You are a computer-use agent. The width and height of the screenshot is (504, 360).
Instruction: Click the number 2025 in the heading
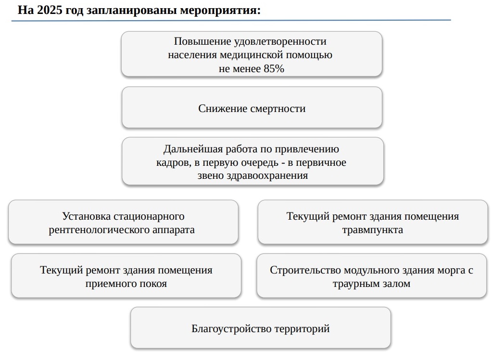[x=50, y=10]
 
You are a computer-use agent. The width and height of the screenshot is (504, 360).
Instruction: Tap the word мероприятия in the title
[x=220, y=11]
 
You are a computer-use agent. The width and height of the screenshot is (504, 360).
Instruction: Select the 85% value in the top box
[x=274, y=68]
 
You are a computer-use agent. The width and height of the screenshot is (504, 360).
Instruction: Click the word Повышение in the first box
[x=202, y=41]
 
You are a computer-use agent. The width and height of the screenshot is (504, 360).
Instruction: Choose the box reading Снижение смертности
[x=252, y=107]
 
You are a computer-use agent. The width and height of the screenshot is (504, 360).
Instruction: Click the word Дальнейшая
[x=193, y=149]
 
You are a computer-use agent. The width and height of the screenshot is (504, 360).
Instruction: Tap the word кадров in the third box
[x=174, y=162]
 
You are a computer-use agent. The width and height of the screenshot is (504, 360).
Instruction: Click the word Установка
[x=87, y=216]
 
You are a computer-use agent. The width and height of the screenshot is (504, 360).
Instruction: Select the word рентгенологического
[x=99, y=230]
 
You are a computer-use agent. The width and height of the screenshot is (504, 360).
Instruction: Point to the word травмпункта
[x=373, y=230]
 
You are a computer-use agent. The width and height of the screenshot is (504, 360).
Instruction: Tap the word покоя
[x=153, y=284]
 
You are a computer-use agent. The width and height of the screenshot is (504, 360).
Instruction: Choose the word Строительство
[x=305, y=270]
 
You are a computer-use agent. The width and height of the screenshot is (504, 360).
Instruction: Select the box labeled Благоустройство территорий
[x=261, y=328]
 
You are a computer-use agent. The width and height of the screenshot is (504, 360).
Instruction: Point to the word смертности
[x=278, y=109]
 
